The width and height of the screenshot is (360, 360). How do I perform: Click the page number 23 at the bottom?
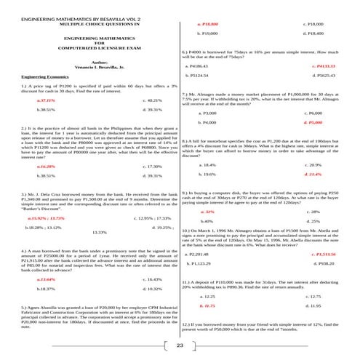tap(180, 345)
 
